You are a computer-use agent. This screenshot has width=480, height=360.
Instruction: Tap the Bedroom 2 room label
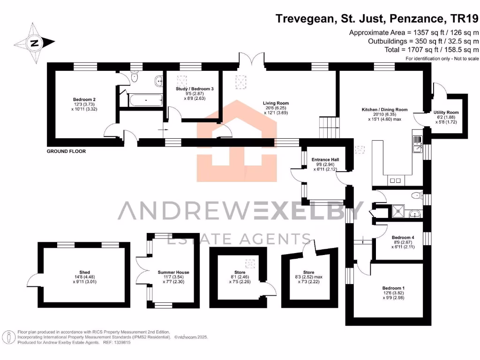(x=84, y=99)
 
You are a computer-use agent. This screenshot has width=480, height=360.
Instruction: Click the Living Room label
(x=276, y=103)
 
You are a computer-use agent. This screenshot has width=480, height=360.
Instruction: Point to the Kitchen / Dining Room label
(x=384, y=110)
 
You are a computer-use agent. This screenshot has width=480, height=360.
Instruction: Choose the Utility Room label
(x=446, y=112)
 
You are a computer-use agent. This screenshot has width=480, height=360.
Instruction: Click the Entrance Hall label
(x=325, y=160)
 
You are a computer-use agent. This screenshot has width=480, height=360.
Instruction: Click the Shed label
(x=84, y=272)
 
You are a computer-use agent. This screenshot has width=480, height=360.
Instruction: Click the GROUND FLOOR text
(x=66, y=151)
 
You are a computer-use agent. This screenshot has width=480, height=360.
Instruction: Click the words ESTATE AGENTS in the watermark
(x=239, y=239)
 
